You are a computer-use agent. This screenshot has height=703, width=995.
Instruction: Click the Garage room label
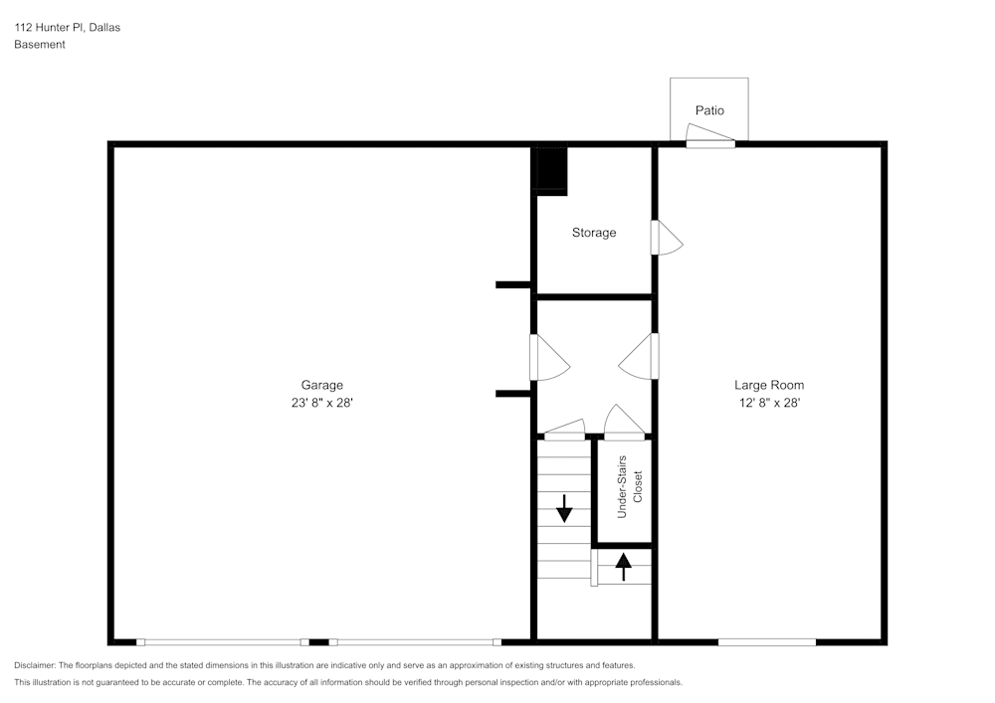click(x=321, y=385)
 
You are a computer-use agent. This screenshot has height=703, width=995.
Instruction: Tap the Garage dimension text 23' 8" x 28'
click(x=321, y=403)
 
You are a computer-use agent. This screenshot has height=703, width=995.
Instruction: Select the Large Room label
click(x=769, y=385)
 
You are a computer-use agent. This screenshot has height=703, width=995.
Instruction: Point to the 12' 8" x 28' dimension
click(x=769, y=403)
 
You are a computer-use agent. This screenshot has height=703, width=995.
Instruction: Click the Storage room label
click(x=594, y=233)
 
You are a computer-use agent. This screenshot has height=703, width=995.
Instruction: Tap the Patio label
click(x=709, y=110)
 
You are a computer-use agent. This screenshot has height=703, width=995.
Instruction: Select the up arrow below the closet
click(x=624, y=567)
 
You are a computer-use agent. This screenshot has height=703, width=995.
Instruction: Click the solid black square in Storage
click(x=550, y=169)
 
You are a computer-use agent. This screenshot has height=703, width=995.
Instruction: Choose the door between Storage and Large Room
click(x=665, y=238)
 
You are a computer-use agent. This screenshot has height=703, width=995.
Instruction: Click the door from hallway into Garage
click(x=547, y=358)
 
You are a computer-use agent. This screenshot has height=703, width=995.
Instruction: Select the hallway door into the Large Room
click(x=640, y=357)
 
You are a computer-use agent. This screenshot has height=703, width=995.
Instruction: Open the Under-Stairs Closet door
click(x=625, y=423)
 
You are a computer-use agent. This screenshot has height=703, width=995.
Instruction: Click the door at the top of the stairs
click(x=564, y=430)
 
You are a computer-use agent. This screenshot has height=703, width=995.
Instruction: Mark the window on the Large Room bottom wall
click(x=766, y=642)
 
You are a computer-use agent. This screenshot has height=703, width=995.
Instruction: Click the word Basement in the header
click(x=40, y=45)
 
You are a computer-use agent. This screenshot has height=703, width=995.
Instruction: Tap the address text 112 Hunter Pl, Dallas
click(x=67, y=28)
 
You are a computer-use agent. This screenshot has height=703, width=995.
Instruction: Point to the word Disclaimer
click(x=35, y=664)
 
